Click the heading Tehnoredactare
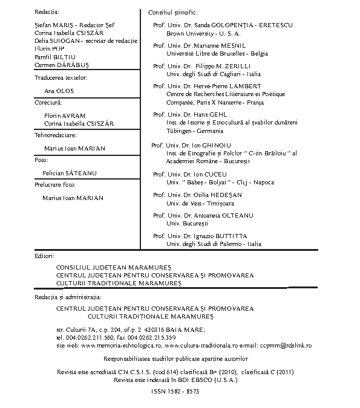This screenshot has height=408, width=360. pyautogui.click(x=55, y=135)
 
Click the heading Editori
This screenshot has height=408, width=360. pyautogui.click(x=45, y=256)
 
